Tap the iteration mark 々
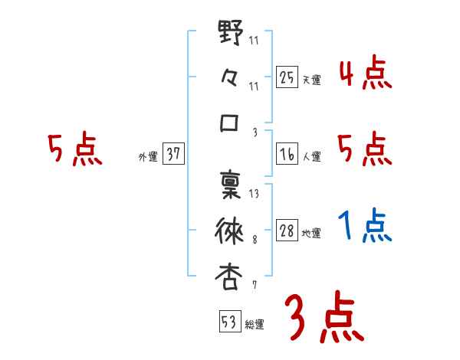[x=230, y=79]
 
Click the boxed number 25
[x=287, y=77]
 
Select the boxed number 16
[x=287, y=155]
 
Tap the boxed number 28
[x=287, y=231]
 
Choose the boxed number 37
[x=173, y=155]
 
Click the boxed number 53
[x=228, y=322]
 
